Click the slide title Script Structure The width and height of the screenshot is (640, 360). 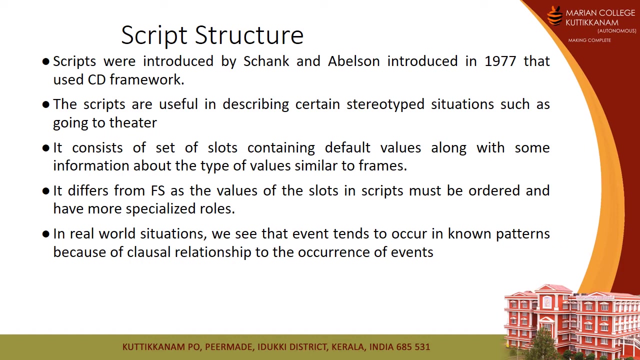(x=212, y=35)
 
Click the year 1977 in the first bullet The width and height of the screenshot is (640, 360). (x=500, y=61)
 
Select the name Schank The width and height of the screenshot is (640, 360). (x=266, y=61)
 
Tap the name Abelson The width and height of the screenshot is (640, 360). (x=353, y=61)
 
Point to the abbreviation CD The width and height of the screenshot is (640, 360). (x=97, y=79)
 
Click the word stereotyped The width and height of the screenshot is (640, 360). (x=385, y=104)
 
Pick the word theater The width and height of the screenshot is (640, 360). (x=133, y=123)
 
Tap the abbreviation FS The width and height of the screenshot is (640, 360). (x=158, y=191)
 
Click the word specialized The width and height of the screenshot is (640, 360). (x=160, y=209)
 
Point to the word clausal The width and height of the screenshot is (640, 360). (x=149, y=252)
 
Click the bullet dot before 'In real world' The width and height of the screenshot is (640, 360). (x=45, y=234)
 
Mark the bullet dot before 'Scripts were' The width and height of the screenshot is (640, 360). (x=45, y=61)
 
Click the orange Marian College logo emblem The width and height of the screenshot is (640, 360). (x=555, y=16)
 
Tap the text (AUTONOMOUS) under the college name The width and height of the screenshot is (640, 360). (x=617, y=31)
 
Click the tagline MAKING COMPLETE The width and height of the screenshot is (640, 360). (x=589, y=40)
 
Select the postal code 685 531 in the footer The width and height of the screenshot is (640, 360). (x=413, y=347)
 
